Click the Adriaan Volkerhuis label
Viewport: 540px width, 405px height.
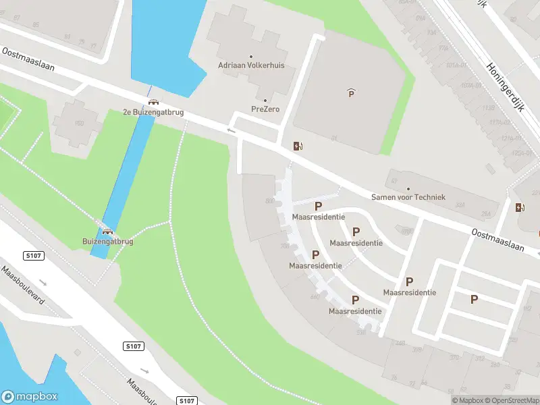click(251, 65)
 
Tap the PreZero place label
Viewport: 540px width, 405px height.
click(265, 109)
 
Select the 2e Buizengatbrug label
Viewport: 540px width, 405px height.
click(153, 112)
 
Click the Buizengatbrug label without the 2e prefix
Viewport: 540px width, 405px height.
click(107, 241)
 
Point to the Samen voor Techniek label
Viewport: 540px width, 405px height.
click(408, 196)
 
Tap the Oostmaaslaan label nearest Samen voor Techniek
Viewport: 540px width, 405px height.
click(498, 239)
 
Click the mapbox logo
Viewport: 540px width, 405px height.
click(30, 396)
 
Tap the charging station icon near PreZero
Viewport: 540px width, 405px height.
click(298, 146)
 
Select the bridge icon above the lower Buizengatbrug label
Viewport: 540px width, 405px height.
click(107, 231)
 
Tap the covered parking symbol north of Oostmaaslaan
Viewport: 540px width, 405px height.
click(351, 93)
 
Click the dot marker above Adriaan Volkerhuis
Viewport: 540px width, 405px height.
click(251, 57)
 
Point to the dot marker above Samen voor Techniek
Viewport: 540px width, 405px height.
click(408, 188)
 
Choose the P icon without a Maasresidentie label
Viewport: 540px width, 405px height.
click(474, 299)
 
